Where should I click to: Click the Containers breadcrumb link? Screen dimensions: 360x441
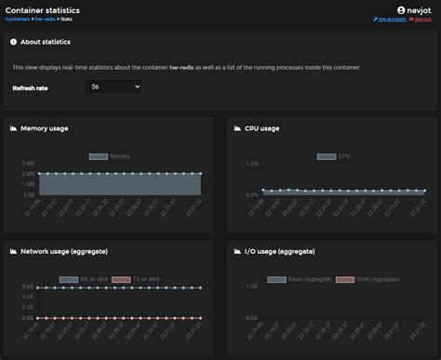click(x=19, y=19)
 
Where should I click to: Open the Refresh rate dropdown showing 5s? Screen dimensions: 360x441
click(x=112, y=87)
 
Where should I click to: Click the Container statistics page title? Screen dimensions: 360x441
click(x=42, y=9)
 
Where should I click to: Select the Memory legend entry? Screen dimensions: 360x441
click(x=110, y=156)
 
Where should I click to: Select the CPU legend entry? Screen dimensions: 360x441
click(x=334, y=156)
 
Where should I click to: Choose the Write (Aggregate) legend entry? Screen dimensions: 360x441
click(x=355, y=279)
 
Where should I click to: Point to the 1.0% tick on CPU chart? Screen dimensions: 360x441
click(x=251, y=163)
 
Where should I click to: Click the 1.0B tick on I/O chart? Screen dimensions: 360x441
click(x=251, y=287)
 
